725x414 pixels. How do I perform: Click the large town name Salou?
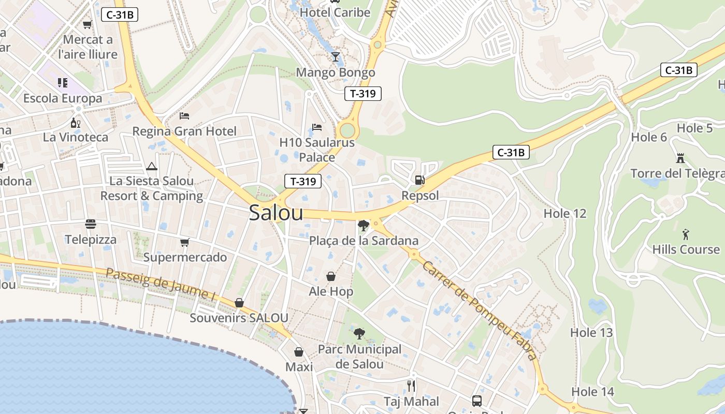pyautogui.click(x=276, y=213)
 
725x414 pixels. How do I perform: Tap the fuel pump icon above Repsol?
pyautogui.click(x=419, y=180)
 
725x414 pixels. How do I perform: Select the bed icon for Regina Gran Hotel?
pyautogui.click(x=184, y=115)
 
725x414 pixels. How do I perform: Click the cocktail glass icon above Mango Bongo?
pyautogui.click(x=336, y=56)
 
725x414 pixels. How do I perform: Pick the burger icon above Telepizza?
pyautogui.click(x=91, y=224)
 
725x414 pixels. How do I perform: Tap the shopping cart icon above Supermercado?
pyautogui.click(x=185, y=242)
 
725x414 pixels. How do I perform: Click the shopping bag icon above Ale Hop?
pyautogui.click(x=331, y=276)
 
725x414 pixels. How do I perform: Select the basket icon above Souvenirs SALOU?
pyautogui.click(x=239, y=302)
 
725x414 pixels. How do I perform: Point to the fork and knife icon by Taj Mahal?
pyautogui.click(x=411, y=386)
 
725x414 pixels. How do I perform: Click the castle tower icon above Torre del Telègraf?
pyautogui.click(x=680, y=157)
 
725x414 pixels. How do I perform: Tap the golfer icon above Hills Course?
pyautogui.click(x=686, y=234)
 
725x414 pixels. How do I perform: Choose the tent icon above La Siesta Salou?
pyautogui.click(x=151, y=166)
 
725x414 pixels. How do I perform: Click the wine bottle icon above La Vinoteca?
pyautogui.click(x=76, y=123)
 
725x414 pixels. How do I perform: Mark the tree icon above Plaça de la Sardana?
pyautogui.click(x=364, y=225)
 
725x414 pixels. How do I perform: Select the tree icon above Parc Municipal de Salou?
pyautogui.click(x=359, y=334)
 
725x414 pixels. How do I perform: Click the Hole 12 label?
pyautogui.click(x=565, y=213)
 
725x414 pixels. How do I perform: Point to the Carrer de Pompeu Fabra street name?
pyautogui.click(x=479, y=310)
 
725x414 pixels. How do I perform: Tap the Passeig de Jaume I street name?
pyautogui.click(x=161, y=285)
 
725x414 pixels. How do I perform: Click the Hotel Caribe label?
pyautogui.click(x=335, y=12)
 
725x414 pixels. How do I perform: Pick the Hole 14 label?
pyautogui.click(x=592, y=392)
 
